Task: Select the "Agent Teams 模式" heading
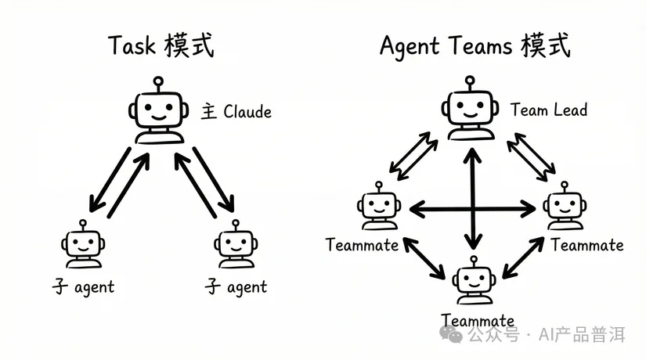click(x=475, y=46)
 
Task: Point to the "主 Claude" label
click(x=236, y=111)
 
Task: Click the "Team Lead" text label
click(x=548, y=110)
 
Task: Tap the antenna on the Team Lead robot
click(x=470, y=82)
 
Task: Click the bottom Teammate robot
click(x=474, y=282)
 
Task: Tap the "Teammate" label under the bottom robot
click(x=478, y=320)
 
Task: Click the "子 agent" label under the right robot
click(x=236, y=287)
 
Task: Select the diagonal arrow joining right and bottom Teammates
click(x=522, y=256)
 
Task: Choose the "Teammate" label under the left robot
click(x=362, y=245)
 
